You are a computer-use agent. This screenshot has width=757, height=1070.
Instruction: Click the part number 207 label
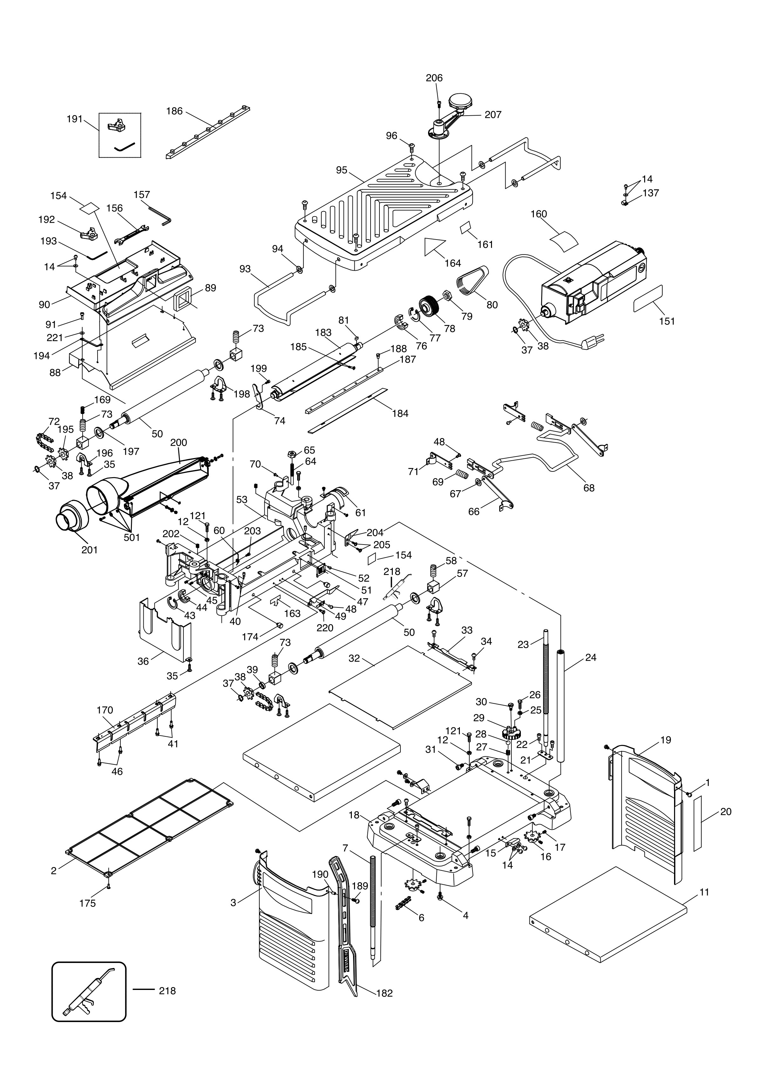click(493, 115)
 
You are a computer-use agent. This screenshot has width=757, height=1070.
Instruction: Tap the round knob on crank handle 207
click(460, 100)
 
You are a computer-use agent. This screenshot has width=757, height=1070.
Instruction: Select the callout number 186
click(174, 112)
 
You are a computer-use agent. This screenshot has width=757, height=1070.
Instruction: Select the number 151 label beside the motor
click(667, 321)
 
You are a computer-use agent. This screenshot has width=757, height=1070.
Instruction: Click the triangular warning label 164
click(432, 246)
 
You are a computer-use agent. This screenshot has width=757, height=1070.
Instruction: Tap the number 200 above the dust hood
click(179, 442)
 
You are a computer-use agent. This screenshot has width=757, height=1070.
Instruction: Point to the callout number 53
click(242, 500)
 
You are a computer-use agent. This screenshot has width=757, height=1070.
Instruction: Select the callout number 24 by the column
click(590, 658)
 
